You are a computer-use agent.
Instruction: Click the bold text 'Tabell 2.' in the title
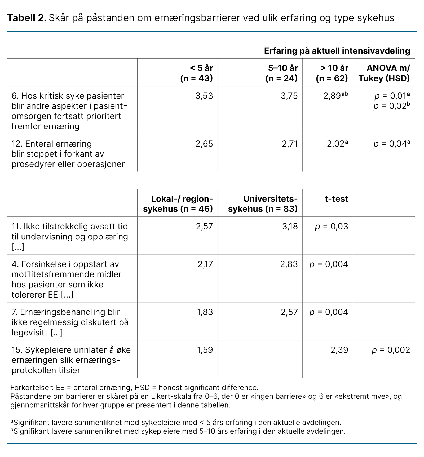pyautogui.click(x=26, y=18)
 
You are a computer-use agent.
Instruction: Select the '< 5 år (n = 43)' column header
pyautogui.click(x=197, y=73)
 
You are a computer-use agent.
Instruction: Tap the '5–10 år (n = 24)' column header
pyautogui.click(x=282, y=73)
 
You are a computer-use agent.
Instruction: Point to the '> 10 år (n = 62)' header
pyautogui.click(x=332, y=73)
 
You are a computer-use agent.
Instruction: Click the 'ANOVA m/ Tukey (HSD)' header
pyautogui.click(x=384, y=73)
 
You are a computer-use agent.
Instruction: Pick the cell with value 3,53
pyautogui.click(x=204, y=96)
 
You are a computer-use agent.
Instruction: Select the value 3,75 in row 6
pyautogui.click(x=289, y=96)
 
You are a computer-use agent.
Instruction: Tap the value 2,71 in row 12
pyautogui.click(x=289, y=144)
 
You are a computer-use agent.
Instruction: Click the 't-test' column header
pyautogui.click(x=336, y=199)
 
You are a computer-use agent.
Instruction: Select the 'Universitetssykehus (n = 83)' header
pyautogui.click(x=263, y=204)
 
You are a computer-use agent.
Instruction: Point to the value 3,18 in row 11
pyautogui.click(x=290, y=227)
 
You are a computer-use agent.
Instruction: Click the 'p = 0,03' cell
pyautogui.click(x=331, y=227)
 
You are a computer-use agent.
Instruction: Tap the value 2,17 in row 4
pyautogui.click(x=205, y=264)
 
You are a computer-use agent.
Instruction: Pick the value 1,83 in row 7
pyautogui.click(x=205, y=312)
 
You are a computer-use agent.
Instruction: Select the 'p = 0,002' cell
pyautogui.click(x=391, y=350)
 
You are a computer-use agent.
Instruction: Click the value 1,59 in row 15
pyautogui.click(x=205, y=350)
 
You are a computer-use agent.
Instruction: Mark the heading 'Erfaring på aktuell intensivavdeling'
pyautogui.click(x=337, y=51)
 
